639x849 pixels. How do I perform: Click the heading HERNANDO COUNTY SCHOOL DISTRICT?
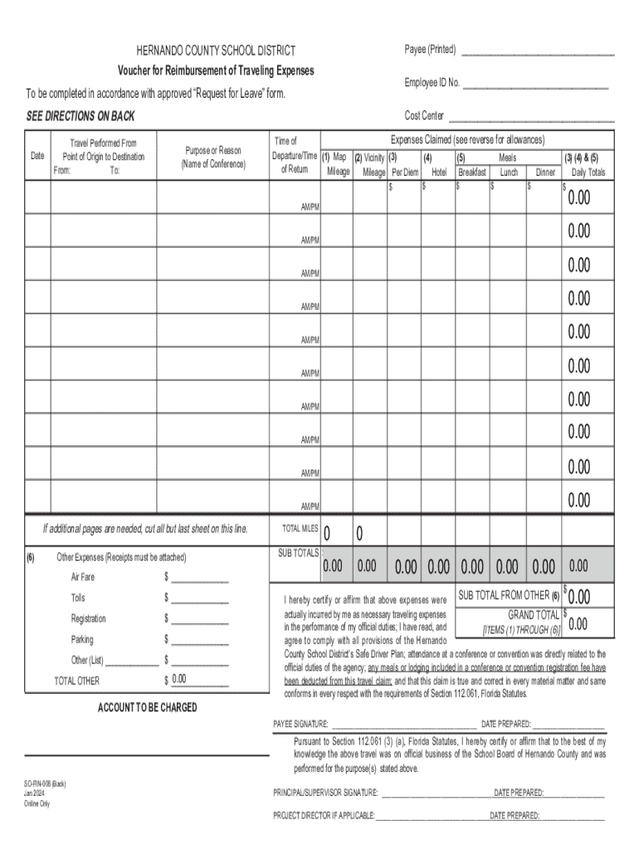(210, 51)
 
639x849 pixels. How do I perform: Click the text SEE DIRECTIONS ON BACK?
(80, 116)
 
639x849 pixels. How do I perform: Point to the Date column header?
(37, 156)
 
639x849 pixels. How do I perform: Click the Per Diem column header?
(405, 172)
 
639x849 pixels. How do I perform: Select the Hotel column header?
(439, 172)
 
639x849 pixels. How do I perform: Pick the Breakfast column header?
(472, 172)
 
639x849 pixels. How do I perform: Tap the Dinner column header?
(545, 172)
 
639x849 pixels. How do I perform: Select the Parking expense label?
(82, 639)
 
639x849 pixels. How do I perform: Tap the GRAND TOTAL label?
(534, 615)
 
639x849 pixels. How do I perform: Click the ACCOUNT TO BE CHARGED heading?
(148, 707)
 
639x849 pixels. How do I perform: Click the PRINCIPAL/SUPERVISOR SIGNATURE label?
(326, 793)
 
